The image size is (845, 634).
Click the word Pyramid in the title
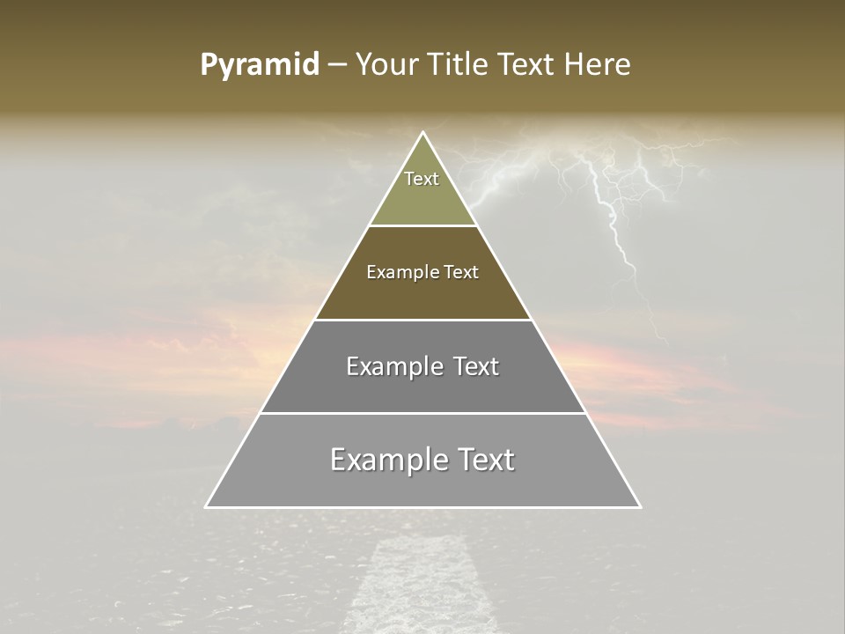[260, 65]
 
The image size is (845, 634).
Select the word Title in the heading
[459, 65]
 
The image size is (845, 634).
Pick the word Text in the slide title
[528, 65]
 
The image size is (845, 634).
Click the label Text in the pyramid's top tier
[422, 179]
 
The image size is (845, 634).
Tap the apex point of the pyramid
[423, 134]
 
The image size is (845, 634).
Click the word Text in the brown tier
[460, 272]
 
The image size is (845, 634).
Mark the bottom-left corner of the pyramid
[207, 506]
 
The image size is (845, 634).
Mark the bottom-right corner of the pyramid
[640, 506]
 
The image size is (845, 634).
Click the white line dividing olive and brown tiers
[423, 225]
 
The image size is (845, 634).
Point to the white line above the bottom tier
[423, 413]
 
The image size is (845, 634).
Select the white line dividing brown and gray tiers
[423, 320]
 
